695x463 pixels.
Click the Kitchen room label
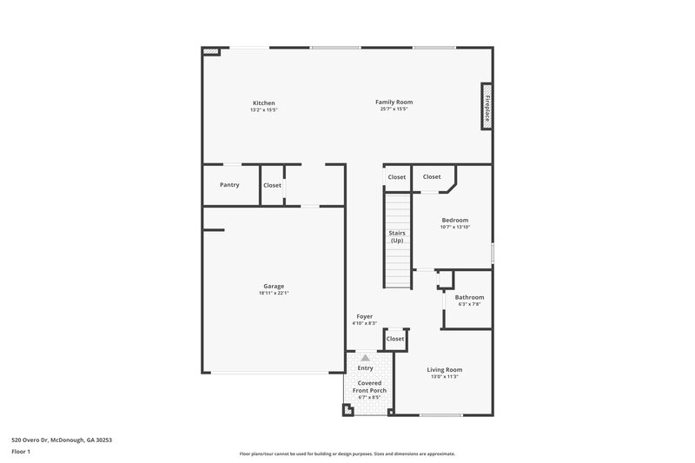(x=263, y=103)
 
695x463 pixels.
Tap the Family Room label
(x=394, y=103)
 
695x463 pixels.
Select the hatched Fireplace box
(x=488, y=107)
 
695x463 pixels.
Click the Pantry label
(x=229, y=184)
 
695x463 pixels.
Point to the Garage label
(x=274, y=287)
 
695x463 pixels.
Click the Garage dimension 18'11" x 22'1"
(x=274, y=294)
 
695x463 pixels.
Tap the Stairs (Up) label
(x=397, y=236)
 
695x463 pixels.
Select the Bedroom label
(x=454, y=221)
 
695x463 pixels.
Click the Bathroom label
(x=469, y=297)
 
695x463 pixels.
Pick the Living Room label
(x=446, y=369)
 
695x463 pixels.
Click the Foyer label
(x=365, y=316)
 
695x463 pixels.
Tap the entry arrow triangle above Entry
(x=366, y=357)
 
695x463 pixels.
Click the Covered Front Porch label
(x=369, y=387)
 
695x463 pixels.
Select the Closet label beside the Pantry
(x=272, y=185)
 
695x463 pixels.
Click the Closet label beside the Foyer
(x=395, y=339)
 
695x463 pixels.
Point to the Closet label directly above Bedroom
(x=432, y=177)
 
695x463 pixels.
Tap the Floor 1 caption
(x=21, y=452)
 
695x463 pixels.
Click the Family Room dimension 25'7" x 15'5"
(x=394, y=109)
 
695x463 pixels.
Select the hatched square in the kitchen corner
(x=209, y=51)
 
